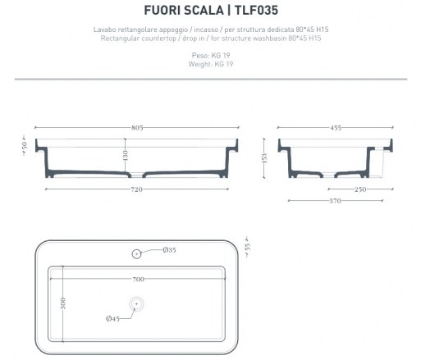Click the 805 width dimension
click(x=137, y=128)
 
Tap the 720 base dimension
click(x=136, y=189)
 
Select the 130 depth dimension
click(x=126, y=155)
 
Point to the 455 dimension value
click(x=336, y=128)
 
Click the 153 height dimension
click(x=264, y=158)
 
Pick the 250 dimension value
click(x=360, y=189)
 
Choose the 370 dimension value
click(x=335, y=201)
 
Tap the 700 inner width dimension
click(x=139, y=279)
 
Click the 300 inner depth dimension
click(x=63, y=303)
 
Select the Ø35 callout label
click(x=169, y=250)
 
